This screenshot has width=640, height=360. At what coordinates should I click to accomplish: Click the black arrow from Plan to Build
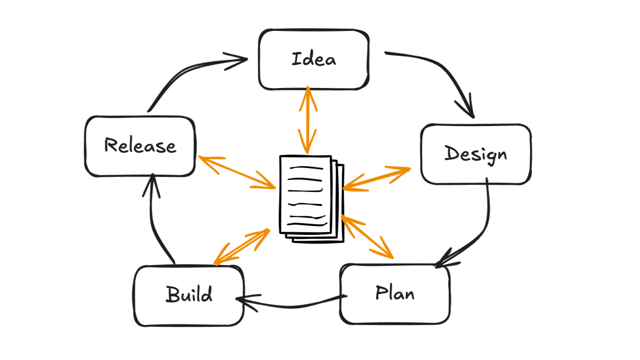[290, 303]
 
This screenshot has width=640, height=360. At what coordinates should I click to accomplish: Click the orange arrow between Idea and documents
[308, 120]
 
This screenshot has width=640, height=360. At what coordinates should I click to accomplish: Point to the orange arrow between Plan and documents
[367, 236]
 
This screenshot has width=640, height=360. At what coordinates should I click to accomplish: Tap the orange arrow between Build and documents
[242, 246]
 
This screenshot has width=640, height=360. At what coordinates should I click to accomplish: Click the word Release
[140, 145]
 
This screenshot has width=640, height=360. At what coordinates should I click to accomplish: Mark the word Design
[475, 154]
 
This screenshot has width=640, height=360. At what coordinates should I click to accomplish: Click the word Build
[189, 294]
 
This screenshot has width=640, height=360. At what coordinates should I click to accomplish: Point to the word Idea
[314, 59]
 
